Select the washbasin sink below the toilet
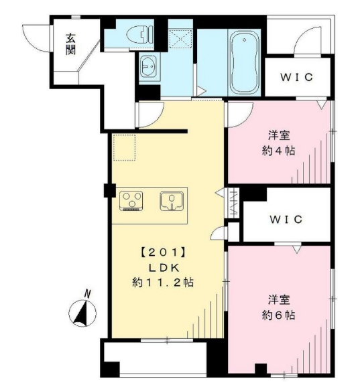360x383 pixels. [x=148, y=67]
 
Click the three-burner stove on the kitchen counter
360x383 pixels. [x=132, y=200]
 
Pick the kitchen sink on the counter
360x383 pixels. [x=172, y=200]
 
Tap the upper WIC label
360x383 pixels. [x=296, y=77]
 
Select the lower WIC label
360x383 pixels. [x=286, y=219]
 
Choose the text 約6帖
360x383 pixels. [x=280, y=314]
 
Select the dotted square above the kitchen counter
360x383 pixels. [x=124, y=148]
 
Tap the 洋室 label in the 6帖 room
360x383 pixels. [x=280, y=299]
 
